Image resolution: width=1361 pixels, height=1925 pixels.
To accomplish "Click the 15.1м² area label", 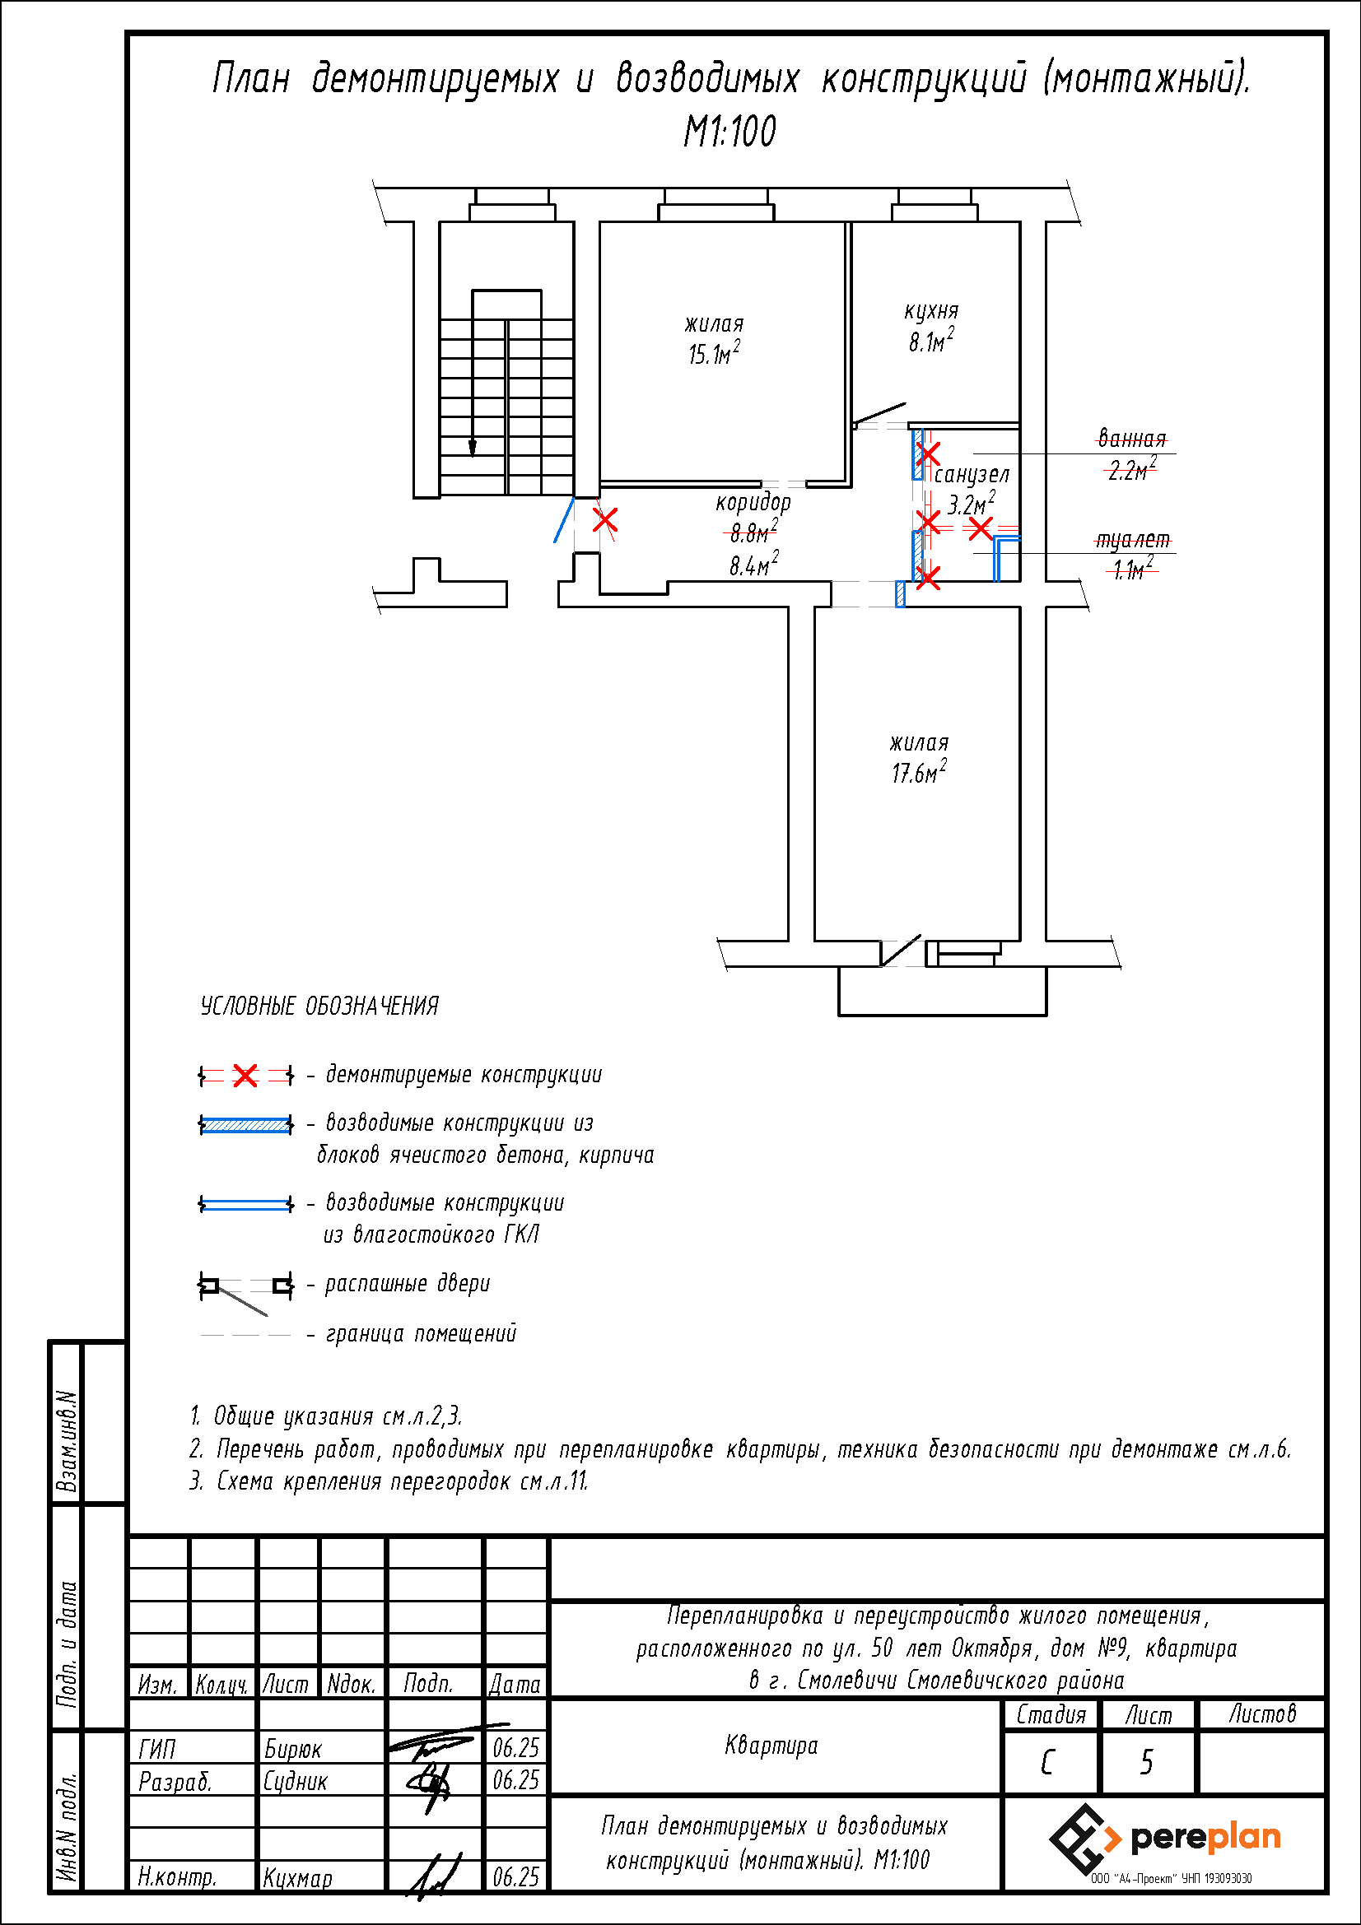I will [x=714, y=354].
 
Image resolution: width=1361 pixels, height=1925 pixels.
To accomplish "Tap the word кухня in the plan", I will [x=931, y=311].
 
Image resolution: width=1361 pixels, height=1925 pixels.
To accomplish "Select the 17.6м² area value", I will [x=919, y=771].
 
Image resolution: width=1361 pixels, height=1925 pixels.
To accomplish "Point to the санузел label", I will [x=971, y=475].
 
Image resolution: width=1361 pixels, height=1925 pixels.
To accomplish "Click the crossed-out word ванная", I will [x=1132, y=439].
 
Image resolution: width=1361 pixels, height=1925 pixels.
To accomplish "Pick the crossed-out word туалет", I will [x=1132, y=540].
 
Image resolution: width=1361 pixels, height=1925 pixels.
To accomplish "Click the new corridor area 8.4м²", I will [x=753, y=565].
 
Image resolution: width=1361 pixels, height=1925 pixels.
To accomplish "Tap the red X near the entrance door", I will [x=604, y=521].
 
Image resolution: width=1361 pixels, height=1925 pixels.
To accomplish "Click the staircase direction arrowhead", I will [x=472, y=449].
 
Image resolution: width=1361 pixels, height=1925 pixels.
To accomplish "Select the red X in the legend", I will [x=245, y=1075].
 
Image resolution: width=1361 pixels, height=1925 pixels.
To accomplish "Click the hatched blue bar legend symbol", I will [x=245, y=1124].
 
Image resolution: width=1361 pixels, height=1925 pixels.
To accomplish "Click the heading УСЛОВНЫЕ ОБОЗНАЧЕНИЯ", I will [x=319, y=1006].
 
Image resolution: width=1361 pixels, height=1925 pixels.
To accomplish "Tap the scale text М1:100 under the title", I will [x=729, y=132].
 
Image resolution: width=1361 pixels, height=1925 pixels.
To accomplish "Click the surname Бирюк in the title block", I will [x=292, y=1749].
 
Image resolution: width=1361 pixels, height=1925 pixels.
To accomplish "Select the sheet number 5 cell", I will [x=1146, y=1762].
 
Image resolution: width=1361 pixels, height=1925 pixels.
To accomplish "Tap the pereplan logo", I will [x=1165, y=1839].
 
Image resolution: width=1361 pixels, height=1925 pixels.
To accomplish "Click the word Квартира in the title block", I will [x=771, y=1746].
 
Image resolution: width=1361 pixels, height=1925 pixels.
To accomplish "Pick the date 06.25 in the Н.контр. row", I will [x=515, y=1877].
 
